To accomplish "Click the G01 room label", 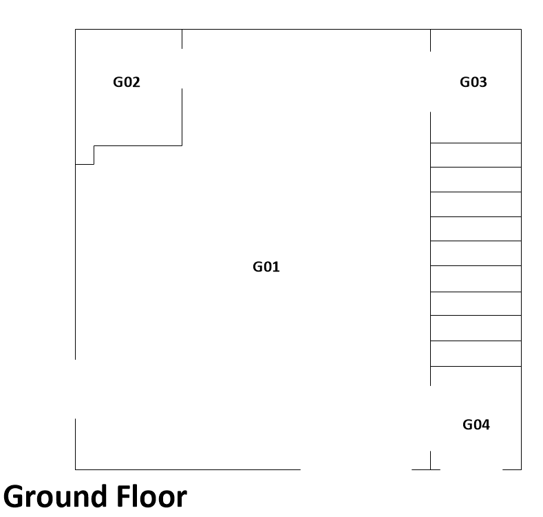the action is [266, 267].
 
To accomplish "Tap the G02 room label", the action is [127, 82].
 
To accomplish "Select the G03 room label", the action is [473, 82].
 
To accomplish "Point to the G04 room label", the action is [476, 425].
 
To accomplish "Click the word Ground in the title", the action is [56, 496].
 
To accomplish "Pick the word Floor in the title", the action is [151, 496].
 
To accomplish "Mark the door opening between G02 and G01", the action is [182, 69].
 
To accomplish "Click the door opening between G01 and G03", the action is [430, 82].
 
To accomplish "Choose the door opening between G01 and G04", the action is [430, 418].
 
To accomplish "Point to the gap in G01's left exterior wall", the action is [76, 389].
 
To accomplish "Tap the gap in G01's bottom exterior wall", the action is [356, 469].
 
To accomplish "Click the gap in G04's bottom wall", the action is [471, 469].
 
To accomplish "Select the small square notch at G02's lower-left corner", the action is [85, 155].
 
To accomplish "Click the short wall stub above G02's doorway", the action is [182, 39].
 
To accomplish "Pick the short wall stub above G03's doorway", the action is [430, 41].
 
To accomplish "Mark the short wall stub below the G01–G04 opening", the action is [430, 460].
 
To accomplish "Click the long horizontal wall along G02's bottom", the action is [138, 145].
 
